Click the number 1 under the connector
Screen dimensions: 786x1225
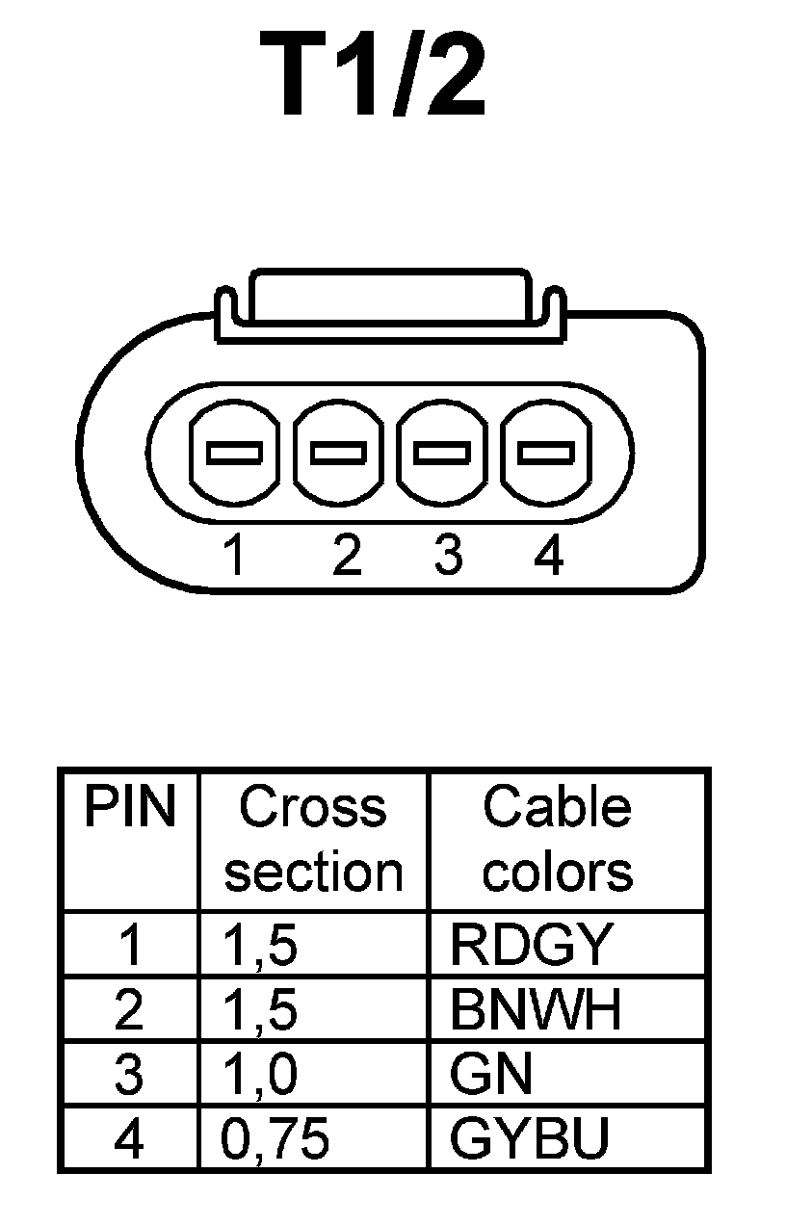click(233, 556)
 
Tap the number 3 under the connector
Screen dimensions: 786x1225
click(446, 556)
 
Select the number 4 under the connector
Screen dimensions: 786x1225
click(547, 556)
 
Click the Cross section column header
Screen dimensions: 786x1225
click(313, 839)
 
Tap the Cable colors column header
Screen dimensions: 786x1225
click(558, 839)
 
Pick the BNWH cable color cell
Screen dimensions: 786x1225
click(536, 1010)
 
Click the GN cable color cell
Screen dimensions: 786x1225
click(490, 1075)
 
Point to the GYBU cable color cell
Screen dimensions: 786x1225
click(530, 1139)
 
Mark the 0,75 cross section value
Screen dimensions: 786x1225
click(275, 1139)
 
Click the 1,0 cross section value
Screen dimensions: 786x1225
click(259, 1075)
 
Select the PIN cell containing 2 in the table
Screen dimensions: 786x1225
click(128, 1010)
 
